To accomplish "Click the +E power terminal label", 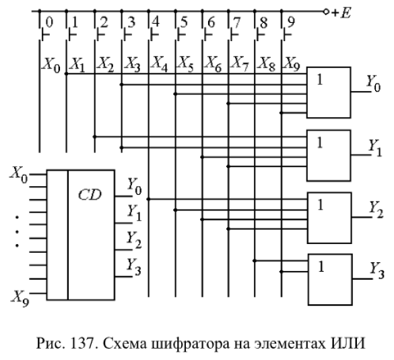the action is click(341, 13).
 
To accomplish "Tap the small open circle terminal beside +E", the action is click(326, 11).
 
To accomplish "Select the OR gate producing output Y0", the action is click(329, 92).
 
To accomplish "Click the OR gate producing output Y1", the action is click(329, 155).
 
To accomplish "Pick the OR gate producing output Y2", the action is click(329, 218).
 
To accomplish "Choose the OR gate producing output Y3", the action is click(330, 280).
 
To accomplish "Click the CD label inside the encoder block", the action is click(90, 195).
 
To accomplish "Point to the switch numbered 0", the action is click(43, 34).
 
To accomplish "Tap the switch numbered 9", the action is click(285, 34).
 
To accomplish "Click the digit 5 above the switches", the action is click(184, 22).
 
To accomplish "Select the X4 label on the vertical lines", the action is click(159, 63).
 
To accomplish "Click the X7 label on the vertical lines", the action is click(240, 63).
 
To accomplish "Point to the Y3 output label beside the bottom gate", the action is click(377, 270).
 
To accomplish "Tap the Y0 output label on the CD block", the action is click(135, 186).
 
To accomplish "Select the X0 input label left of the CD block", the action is click(19, 175).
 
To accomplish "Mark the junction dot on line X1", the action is click(66, 74).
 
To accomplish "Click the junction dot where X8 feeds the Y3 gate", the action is click(255, 261).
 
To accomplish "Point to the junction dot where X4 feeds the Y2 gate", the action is click(148, 200).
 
